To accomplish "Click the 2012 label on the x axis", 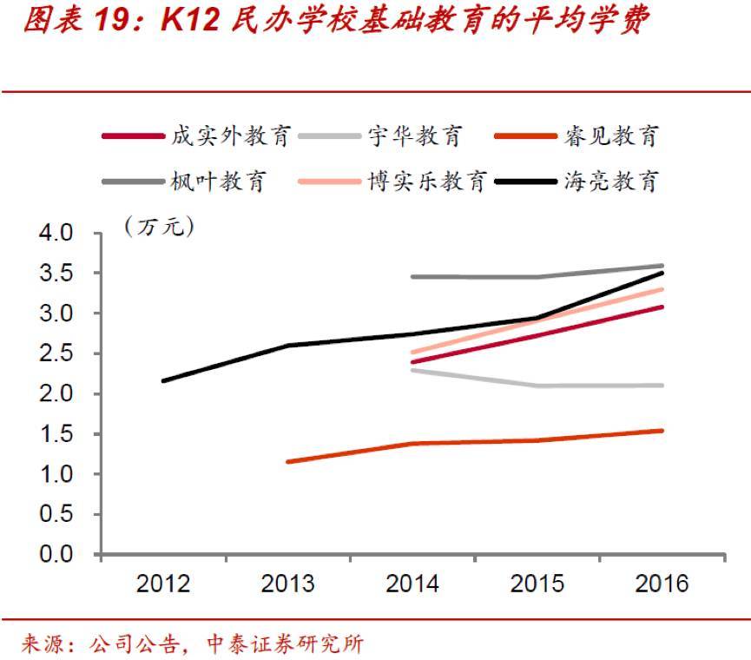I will coord(163,583).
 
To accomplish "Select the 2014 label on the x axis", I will coord(412,583).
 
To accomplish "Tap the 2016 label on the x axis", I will coord(662,583).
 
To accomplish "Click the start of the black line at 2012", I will coord(163,380).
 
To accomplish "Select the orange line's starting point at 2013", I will coord(288,461).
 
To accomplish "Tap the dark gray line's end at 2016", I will coord(662,266).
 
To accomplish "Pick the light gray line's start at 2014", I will coord(412,370).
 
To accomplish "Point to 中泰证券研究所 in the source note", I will coord(286,643).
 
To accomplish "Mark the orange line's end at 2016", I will coord(662,431).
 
